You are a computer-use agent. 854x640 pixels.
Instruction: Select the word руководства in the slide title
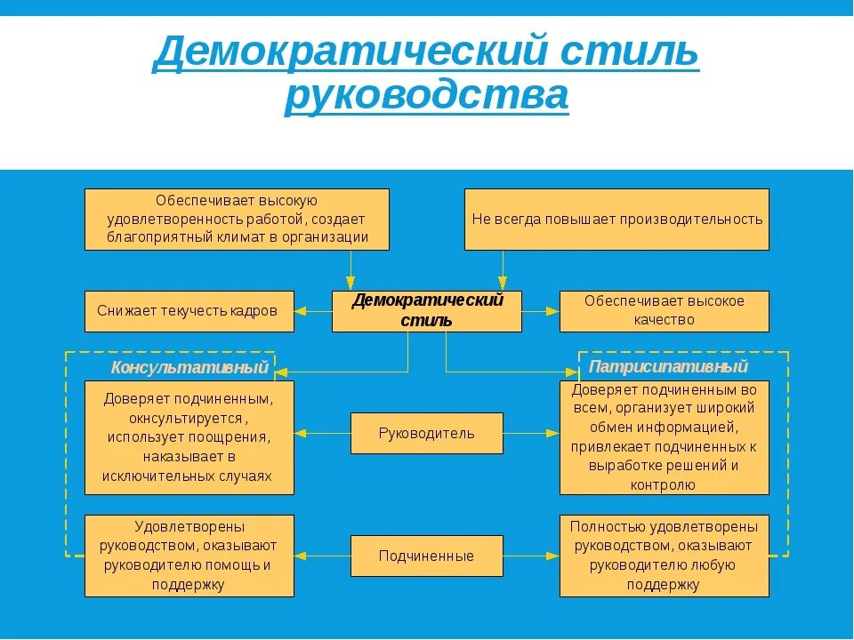426,95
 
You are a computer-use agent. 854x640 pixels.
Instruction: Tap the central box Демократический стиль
427,311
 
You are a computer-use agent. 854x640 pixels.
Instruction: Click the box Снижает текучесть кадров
189,311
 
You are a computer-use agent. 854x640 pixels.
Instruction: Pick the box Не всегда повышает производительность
616,219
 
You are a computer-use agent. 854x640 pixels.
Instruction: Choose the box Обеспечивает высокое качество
664,311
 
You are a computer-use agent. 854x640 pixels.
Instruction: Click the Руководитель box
426,433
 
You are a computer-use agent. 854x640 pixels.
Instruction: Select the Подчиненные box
426,556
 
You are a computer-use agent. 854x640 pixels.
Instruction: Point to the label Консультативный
189,367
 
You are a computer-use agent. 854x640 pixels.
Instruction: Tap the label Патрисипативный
668,366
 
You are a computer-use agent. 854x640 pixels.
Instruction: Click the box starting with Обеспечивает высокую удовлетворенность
237,219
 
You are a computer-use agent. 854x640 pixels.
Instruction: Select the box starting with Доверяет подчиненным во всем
664,437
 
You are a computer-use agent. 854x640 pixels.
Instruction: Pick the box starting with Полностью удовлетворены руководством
664,556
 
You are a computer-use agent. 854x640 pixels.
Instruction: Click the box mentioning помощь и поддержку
189,556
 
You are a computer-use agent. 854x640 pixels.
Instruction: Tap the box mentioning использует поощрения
189,437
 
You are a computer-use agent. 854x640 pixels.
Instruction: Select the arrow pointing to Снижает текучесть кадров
312,311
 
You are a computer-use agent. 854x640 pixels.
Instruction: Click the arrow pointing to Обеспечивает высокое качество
541,311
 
